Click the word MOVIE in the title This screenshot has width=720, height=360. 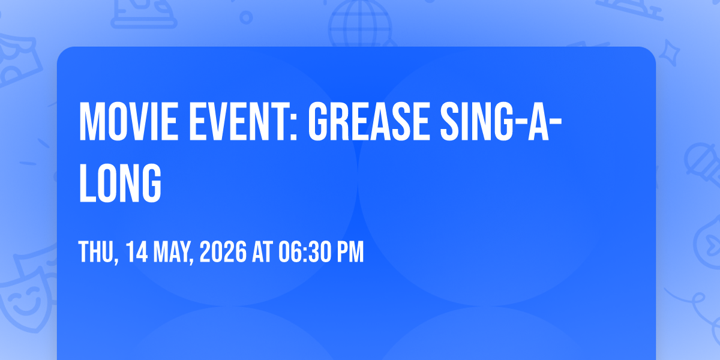pos(128,122)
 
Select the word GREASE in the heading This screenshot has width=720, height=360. pos(368,122)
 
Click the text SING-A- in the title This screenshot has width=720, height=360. pos(501,122)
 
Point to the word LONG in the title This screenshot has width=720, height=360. pos(120,183)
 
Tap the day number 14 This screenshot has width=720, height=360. pos(137,252)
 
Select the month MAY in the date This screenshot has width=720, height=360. pos(173,253)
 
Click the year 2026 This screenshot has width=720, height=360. pos(223,252)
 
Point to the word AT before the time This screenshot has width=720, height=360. pos(262,252)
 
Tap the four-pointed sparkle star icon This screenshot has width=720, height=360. pos(669,53)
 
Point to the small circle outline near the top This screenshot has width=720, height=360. pos(246,17)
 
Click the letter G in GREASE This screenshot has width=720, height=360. pos(317,122)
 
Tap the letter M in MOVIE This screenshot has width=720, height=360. pos(91,122)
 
